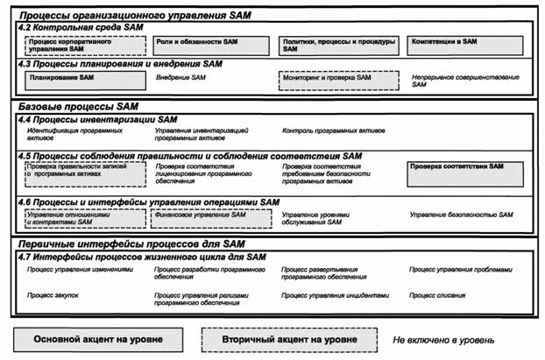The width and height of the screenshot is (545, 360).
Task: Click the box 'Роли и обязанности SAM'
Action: click(x=209, y=43)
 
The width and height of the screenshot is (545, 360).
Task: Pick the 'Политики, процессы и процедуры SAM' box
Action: click(x=336, y=43)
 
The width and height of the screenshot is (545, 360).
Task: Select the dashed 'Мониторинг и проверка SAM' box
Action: click(x=336, y=80)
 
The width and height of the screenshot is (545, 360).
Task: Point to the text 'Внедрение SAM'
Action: click(x=181, y=78)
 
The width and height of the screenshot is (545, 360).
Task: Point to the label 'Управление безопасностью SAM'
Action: click(x=461, y=214)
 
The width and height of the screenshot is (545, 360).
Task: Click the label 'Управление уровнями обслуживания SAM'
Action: click(x=322, y=218)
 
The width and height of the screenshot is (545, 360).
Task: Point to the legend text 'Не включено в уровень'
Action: click(x=443, y=339)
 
